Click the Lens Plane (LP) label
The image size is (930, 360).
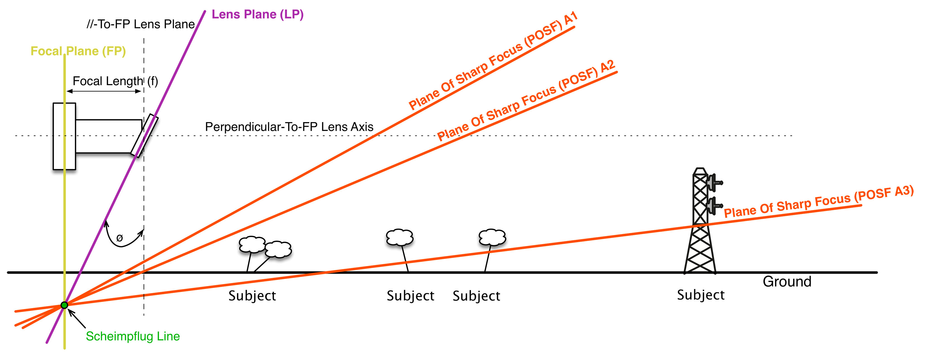click(x=257, y=15)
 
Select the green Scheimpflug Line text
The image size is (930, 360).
click(x=132, y=336)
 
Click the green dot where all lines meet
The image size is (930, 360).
click(x=64, y=305)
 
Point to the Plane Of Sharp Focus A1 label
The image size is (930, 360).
click(x=493, y=61)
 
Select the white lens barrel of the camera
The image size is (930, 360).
click(x=108, y=136)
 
